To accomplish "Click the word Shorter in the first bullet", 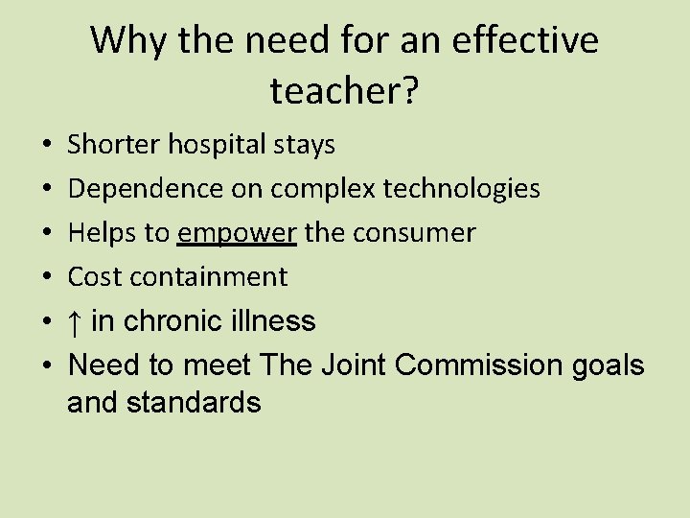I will (114, 145).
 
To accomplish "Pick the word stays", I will (305, 146).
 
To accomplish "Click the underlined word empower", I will (238, 233).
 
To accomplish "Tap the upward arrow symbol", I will (75, 321).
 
